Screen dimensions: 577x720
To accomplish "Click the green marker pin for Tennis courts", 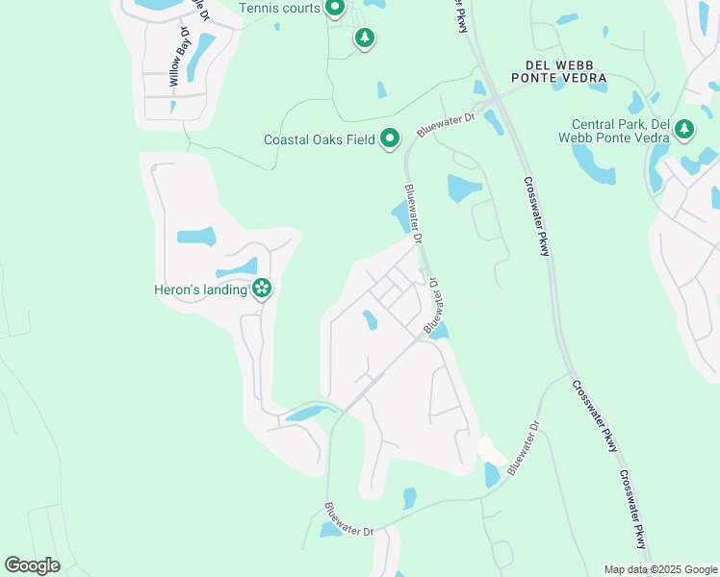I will point(335,10).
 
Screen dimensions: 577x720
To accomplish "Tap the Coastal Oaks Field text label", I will point(319,140).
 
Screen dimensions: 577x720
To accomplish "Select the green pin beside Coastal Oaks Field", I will point(390,140).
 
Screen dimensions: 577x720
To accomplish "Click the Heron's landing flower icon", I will point(262,288).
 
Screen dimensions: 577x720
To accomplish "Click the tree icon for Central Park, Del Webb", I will point(683,130).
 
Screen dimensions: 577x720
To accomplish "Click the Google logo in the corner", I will point(32,564).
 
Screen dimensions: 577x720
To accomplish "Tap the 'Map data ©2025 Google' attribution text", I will point(660,569).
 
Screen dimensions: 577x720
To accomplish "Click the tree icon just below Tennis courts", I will point(364,38).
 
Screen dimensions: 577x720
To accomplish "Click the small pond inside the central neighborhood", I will point(369,320).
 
